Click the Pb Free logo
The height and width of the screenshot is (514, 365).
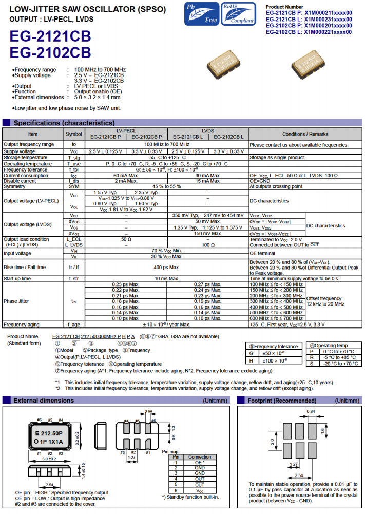click(202, 14)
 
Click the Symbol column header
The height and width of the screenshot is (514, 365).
click(73, 134)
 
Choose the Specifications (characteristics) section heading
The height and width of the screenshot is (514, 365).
click(64, 123)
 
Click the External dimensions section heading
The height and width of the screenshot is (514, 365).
click(44, 400)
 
